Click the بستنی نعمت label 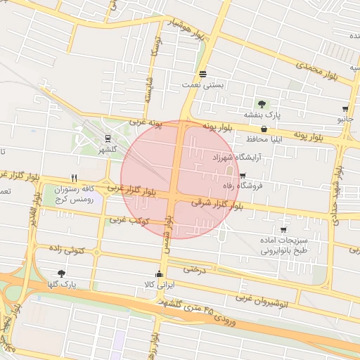point(202,84)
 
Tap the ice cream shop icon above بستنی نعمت point(202,74)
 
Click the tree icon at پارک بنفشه point(262,104)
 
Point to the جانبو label point(345,120)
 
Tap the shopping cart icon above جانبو point(345,109)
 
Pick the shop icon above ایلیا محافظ point(264,129)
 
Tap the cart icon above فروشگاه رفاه point(243,176)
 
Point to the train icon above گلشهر point(108,139)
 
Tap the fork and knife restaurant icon point(74,178)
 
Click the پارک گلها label point(61,284)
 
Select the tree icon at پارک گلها point(61,274)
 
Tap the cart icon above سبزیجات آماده point(283,230)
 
